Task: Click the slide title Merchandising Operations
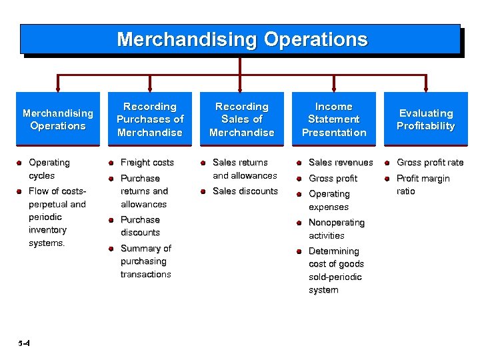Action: [x=241, y=39]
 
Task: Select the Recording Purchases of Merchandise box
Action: [x=149, y=119]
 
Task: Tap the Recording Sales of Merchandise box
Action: [x=241, y=119]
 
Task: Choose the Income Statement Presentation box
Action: [x=333, y=119]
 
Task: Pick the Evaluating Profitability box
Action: [x=425, y=119]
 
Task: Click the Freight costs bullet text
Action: [x=147, y=162]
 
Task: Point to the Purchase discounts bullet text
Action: [x=140, y=226]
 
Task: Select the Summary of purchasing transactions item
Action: [x=145, y=261]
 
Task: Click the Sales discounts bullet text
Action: [x=245, y=191]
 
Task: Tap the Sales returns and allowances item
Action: [x=244, y=169]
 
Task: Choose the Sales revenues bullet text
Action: [x=341, y=162]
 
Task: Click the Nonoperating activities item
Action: [x=336, y=229]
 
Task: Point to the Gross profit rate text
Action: [x=430, y=162]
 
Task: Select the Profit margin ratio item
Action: [x=423, y=185]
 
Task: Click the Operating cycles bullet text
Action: [x=49, y=169]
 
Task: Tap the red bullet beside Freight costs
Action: [x=111, y=162]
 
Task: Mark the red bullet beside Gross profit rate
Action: [x=388, y=162]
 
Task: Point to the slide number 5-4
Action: [x=24, y=343]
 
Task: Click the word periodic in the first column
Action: [x=45, y=217]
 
